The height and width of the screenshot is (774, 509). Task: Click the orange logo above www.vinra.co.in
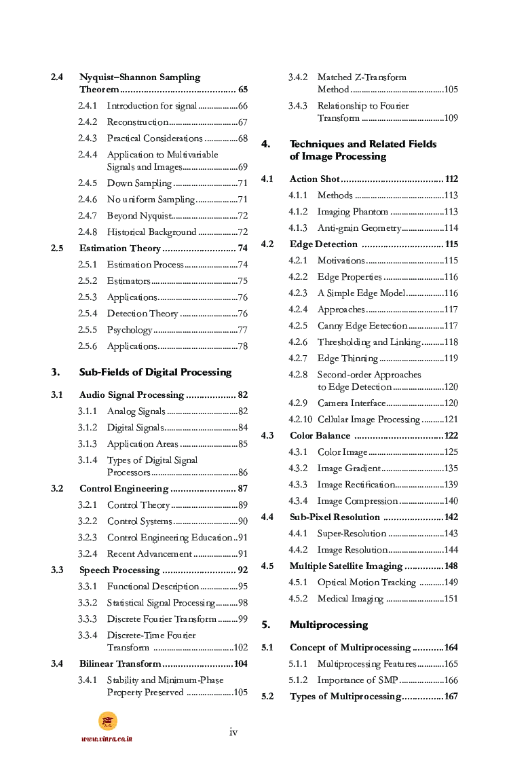tap(107, 721)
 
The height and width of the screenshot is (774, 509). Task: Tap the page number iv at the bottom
tap(233, 731)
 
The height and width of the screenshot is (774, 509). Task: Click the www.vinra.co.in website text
tap(107, 739)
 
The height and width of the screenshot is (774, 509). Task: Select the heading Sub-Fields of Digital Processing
tap(155, 372)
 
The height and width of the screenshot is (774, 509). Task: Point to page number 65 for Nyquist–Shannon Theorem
tap(242, 90)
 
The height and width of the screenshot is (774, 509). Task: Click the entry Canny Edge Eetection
tap(362, 326)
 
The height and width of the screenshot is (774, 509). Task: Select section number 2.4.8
tap(87, 232)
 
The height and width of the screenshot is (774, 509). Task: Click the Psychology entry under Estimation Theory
tap(130, 330)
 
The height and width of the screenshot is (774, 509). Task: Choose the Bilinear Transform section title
tap(120, 664)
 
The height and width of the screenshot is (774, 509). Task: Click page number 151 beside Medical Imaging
tap(451, 599)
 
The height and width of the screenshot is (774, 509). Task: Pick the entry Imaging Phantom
tap(353, 212)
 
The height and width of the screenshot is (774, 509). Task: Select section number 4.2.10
tap(301, 420)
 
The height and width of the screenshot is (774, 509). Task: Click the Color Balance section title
tap(320, 436)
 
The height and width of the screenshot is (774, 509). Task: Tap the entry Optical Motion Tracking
tap(366, 583)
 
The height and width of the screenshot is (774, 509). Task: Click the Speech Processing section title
tap(119, 570)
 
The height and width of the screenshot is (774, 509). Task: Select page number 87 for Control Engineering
tap(242, 489)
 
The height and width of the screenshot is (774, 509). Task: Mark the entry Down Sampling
tap(139, 183)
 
